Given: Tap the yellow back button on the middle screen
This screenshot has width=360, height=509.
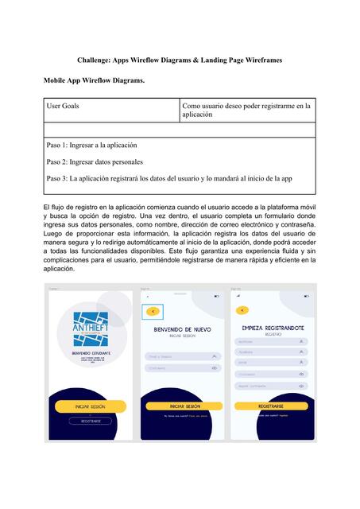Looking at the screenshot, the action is click(x=153, y=312).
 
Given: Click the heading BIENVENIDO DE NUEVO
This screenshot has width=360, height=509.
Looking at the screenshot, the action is click(x=182, y=328).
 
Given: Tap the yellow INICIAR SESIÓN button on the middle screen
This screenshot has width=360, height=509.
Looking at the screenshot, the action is click(x=182, y=406).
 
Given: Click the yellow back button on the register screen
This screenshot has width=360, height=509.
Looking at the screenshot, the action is click(x=242, y=309).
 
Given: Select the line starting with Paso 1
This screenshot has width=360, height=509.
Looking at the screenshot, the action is click(x=92, y=146).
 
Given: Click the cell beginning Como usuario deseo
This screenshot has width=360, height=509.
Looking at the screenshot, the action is click(x=247, y=110).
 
